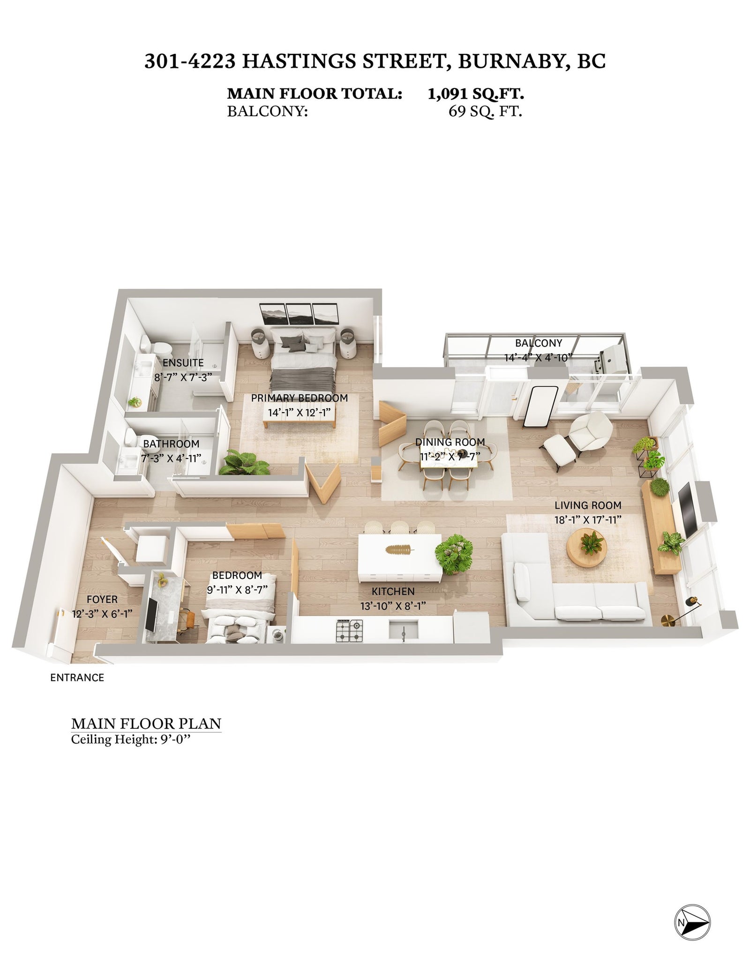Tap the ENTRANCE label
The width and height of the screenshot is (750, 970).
tap(77, 677)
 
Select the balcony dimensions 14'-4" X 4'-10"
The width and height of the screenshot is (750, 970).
tap(539, 358)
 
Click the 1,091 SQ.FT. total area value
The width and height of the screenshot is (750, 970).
tap(475, 94)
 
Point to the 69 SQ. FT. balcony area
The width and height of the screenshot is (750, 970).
tap(485, 112)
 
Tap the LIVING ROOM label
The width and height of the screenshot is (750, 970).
tap(588, 505)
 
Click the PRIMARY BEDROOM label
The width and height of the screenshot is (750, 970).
tap(300, 398)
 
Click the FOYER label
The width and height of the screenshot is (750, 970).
tap(102, 600)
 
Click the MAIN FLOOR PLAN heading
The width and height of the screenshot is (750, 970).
tap(146, 723)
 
